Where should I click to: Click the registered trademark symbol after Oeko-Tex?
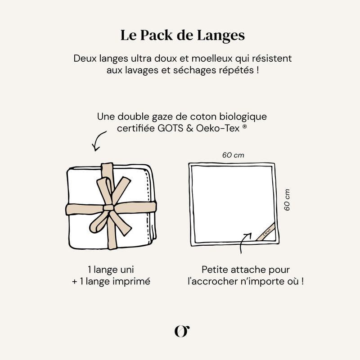coord(244,127)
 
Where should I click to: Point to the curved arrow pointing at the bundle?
coord(98,142)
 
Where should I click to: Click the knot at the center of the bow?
coord(109,208)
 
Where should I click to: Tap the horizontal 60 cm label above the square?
coord(233,155)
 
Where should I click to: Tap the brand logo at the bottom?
coord(181,330)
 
